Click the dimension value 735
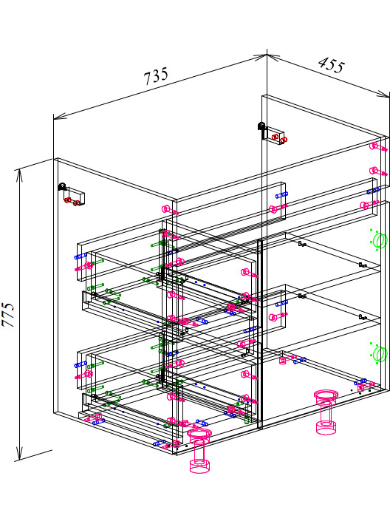(x=156, y=77)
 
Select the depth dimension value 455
(x=331, y=64)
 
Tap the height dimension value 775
(x=8, y=314)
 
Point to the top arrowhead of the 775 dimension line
(x=20, y=175)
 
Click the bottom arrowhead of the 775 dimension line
(x=20, y=453)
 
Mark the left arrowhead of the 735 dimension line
(x=60, y=116)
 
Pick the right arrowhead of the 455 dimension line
(x=383, y=95)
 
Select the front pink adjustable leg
(x=199, y=451)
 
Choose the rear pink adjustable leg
(x=326, y=412)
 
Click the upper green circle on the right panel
(x=379, y=240)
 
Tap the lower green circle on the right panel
(x=379, y=353)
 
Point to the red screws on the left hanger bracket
(x=72, y=202)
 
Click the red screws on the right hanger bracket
(x=279, y=138)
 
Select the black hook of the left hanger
(x=62, y=186)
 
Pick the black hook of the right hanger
(x=261, y=126)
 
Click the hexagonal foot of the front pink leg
(x=199, y=466)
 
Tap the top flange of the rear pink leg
(x=326, y=394)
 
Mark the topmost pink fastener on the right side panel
(x=377, y=147)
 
